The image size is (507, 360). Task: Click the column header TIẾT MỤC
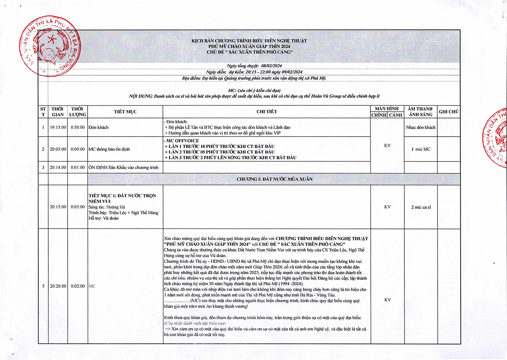click(x=125, y=112)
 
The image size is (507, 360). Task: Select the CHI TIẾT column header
click(x=266, y=112)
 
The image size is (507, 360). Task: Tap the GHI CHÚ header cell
click(x=449, y=112)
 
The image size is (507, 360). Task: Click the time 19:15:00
click(x=58, y=128)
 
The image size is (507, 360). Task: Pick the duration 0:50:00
click(x=78, y=128)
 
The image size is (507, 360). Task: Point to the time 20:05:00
click(x=58, y=149)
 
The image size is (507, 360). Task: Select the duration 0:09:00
click(x=78, y=149)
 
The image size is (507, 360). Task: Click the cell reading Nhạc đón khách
click(x=421, y=128)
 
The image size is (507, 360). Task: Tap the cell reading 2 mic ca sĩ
click(x=421, y=207)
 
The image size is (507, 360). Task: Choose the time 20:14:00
click(x=58, y=168)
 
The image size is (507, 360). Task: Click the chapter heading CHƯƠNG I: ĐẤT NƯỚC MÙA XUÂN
click(x=274, y=179)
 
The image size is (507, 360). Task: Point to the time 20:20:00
click(x=58, y=286)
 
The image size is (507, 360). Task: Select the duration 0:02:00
click(x=78, y=286)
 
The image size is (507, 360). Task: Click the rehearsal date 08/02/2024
click(x=271, y=66)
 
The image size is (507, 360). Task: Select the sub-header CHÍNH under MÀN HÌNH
click(x=379, y=115)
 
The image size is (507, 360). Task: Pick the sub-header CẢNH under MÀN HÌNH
click(x=395, y=115)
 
